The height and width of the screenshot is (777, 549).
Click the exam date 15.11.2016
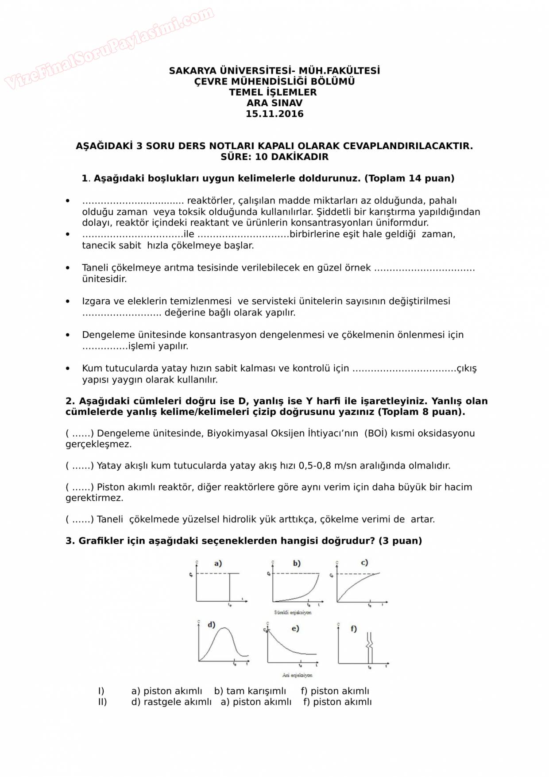pyautogui.click(x=274, y=114)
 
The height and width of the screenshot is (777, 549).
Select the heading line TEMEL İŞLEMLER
pyautogui.click(x=273, y=93)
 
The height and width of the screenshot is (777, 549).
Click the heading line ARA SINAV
pyautogui.click(x=274, y=103)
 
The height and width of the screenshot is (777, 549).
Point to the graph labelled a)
pyautogui.click(x=219, y=584)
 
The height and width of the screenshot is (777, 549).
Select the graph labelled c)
pyautogui.click(x=361, y=584)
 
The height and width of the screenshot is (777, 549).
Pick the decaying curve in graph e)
pyautogui.click(x=288, y=646)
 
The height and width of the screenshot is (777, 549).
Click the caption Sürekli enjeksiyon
pyautogui.click(x=292, y=613)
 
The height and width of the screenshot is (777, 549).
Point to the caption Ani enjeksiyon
pyautogui.click(x=297, y=675)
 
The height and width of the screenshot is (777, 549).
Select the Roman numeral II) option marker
pyautogui.click(x=102, y=702)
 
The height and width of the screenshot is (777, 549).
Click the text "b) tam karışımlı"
pyautogui.click(x=250, y=691)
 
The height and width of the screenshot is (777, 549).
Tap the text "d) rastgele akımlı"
pyautogui.click(x=171, y=702)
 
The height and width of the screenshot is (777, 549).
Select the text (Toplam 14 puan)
pyautogui.click(x=409, y=178)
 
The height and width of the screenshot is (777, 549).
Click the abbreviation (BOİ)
pyautogui.click(x=376, y=433)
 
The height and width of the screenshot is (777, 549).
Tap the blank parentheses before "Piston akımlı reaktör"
pyautogui.click(x=80, y=487)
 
